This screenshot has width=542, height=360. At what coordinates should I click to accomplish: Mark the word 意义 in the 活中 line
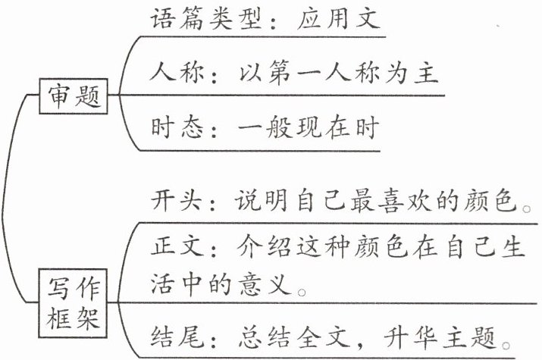(271, 285)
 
